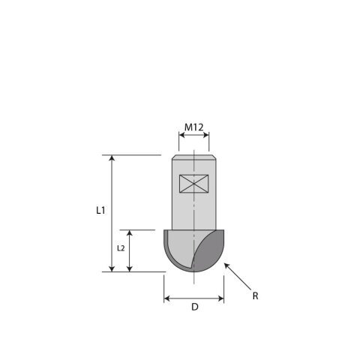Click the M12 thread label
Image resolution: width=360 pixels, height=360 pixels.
pos(193,127)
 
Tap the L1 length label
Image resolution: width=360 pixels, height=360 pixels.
pos(100,211)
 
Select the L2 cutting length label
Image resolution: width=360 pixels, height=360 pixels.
pos(121,248)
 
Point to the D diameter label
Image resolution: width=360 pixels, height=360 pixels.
pos(195,307)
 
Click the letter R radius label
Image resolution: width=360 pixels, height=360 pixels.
pos(255,296)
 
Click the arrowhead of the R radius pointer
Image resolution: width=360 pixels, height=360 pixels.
pos(226,265)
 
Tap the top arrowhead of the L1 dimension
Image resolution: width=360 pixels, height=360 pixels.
pos(112,157)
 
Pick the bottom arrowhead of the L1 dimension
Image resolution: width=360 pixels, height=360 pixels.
pos(112,268)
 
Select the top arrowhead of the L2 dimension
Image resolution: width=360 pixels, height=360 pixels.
pos(129,232)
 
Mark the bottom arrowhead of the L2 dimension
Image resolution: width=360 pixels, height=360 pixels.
pos(129,268)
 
